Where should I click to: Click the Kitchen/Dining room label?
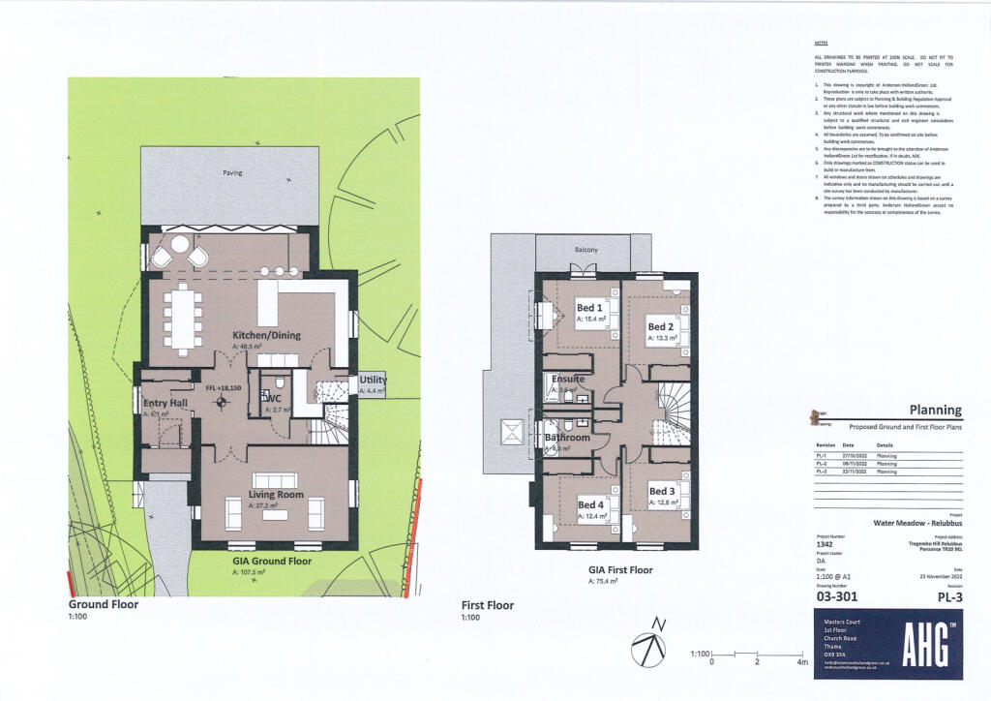[x=266, y=335]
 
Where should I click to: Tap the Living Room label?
[x=276, y=495]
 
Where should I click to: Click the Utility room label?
[x=373, y=381]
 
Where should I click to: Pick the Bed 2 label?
[x=661, y=327]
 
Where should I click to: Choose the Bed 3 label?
[x=662, y=491]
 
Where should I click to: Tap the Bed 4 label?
[x=591, y=504]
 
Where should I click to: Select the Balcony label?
[x=586, y=250]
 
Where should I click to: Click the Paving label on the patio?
[x=232, y=173]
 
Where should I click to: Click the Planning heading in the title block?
[x=935, y=411]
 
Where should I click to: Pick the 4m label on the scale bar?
[x=801, y=662]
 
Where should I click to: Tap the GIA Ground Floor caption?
[x=272, y=561]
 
